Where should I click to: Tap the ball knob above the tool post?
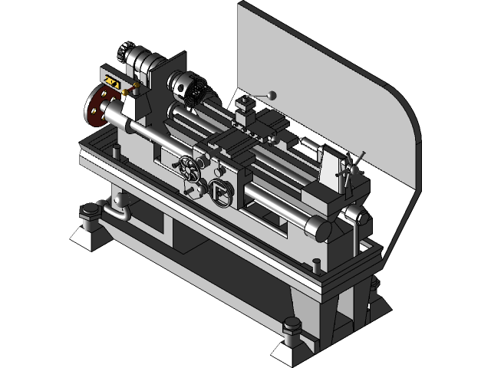pos(270,94)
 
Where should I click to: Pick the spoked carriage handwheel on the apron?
pos(188,166)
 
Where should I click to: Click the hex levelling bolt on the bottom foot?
pos(292,332)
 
